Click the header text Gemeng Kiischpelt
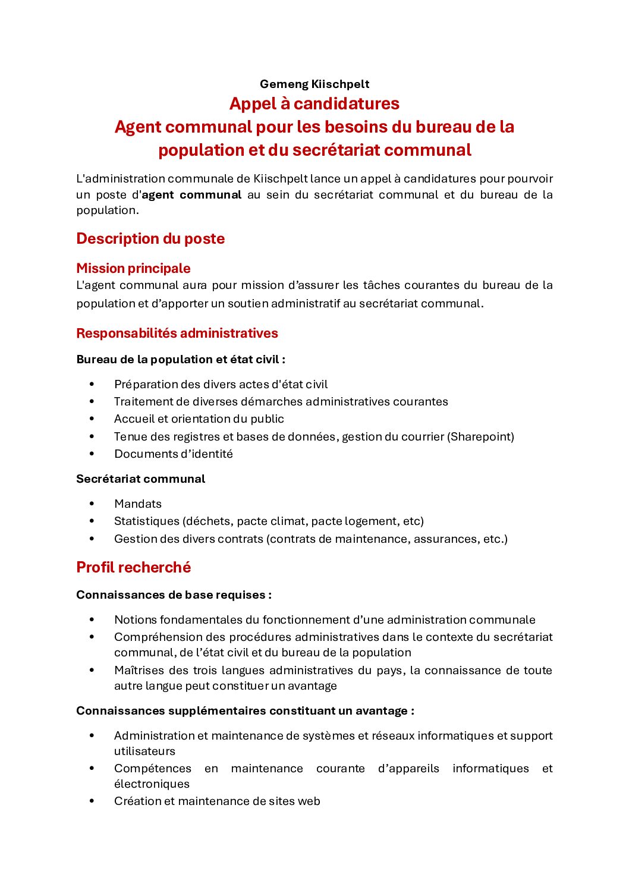click(x=314, y=84)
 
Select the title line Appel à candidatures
click(x=314, y=103)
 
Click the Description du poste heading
click(x=150, y=239)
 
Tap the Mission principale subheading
click(x=133, y=268)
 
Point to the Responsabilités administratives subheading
click(x=177, y=334)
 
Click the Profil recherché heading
click(x=133, y=568)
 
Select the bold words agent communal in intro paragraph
click(x=191, y=195)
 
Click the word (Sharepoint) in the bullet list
click(x=482, y=437)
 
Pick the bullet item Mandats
click(x=138, y=504)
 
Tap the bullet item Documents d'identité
click(x=174, y=454)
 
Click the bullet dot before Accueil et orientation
click(x=92, y=419)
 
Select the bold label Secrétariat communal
click(x=140, y=479)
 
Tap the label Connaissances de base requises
click(x=174, y=595)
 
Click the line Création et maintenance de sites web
click(x=217, y=801)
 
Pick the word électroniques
click(x=152, y=784)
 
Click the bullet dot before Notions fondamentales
click(x=92, y=620)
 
